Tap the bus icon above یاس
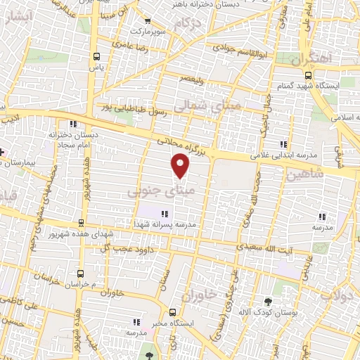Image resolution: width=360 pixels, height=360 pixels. click(x=96, y=56)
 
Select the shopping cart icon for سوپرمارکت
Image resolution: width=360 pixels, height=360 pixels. click(x=147, y=22)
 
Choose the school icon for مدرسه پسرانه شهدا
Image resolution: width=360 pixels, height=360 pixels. click(x=165, y=214)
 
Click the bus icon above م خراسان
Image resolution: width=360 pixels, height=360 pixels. click(x=82, y=272)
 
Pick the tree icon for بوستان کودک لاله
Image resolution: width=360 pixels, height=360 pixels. click(x=267, y=302)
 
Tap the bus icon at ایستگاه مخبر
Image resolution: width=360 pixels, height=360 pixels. click(x=172, y=313)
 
